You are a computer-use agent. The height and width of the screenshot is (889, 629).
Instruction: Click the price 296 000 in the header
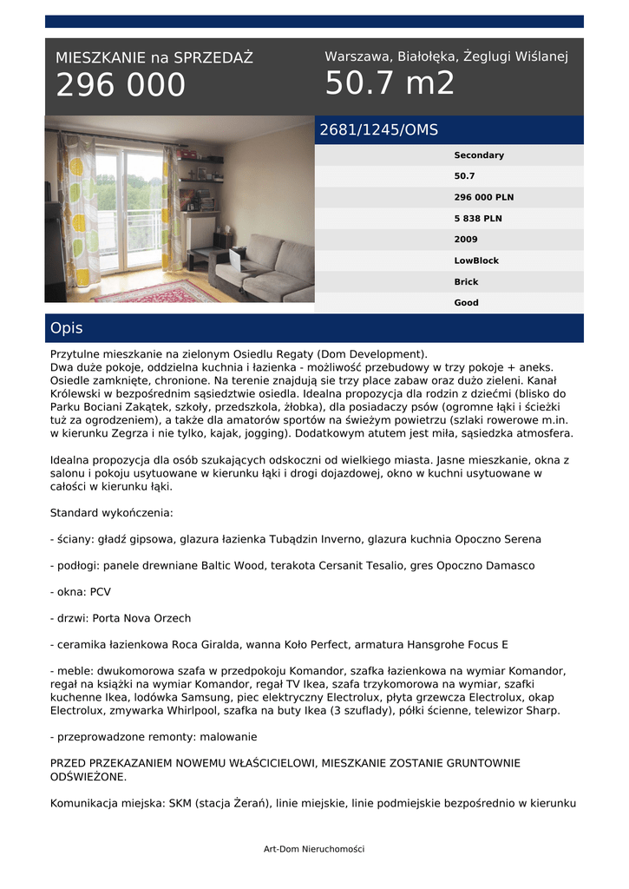(x=121, y=85)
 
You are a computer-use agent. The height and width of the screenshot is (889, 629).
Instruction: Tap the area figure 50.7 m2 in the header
(x=390, y=83)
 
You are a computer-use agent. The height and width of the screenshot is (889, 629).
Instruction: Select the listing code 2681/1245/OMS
(x=378, y=130)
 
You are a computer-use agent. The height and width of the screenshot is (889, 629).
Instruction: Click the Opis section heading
(x=67, y=328)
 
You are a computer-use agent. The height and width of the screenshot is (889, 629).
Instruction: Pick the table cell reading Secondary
(x=478, y=155)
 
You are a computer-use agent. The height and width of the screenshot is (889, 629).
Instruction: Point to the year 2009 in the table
(x=466, y=240)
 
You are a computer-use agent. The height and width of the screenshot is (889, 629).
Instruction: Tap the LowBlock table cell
(x=476, y=260)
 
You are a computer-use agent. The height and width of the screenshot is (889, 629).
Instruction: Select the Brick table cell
(x=466, y=282)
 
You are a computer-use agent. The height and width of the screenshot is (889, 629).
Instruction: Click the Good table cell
(x=466, y=303)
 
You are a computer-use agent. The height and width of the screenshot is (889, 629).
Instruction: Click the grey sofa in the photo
(x=269, y=269)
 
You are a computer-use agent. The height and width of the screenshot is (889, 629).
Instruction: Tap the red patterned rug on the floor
(x=156, y=291)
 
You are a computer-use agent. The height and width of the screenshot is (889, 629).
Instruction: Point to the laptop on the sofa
(x=234, y=258)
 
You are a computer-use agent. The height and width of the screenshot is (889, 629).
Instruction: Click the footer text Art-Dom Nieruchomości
(x=314, y=848)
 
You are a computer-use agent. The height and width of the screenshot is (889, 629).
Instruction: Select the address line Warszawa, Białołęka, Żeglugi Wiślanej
(x=446, y=56)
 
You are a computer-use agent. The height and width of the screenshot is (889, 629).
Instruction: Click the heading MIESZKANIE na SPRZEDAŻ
(x=154, y=58)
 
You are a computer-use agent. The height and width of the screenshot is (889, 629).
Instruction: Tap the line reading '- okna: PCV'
(x=81, y=592)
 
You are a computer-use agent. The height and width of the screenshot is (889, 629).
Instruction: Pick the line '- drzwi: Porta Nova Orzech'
(x=121, y=618)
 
